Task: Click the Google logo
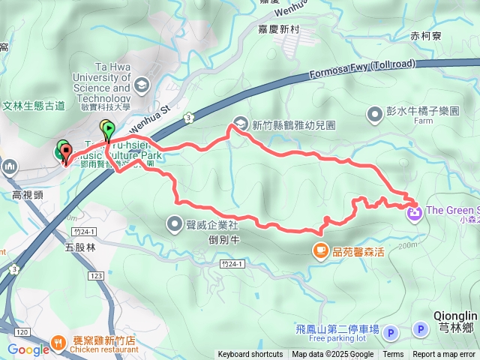[28, 349]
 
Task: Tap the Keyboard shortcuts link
[250, 355]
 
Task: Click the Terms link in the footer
[393, 355]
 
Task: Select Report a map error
[445, 355]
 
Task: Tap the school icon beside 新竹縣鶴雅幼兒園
[241, 122]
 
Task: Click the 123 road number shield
[95, 276]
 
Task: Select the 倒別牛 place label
[224, 240]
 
